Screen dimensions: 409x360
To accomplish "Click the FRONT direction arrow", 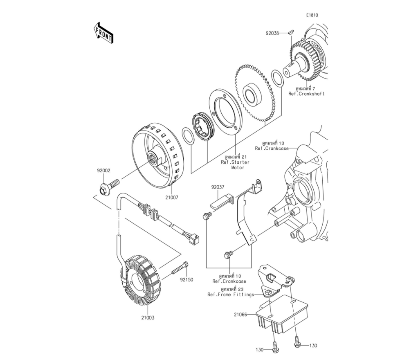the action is (x=103, y=33).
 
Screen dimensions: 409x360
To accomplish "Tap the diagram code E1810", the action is (x=312, y=15).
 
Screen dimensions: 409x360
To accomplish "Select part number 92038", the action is (x=272, y=33).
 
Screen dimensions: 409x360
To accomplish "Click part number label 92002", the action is (x=103, y=171).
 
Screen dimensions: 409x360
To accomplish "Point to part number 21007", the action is (x=171, y=198).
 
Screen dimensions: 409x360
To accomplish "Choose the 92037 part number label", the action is (x=218, y=187).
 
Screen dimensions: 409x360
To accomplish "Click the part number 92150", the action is (x=186, y=280).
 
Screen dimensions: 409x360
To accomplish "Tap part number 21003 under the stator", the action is (x=148, y=318).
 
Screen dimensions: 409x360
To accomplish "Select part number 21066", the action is (x=240, y=315).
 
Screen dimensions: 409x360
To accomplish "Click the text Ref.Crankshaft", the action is (x=306, y=94).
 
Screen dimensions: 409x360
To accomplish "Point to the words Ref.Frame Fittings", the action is (x=231, y=295).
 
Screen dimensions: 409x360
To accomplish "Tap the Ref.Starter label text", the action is (x=235, y=162).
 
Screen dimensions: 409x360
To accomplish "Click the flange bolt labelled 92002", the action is (x=109, y=187).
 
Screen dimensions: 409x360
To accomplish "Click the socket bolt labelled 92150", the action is (x=180, y=268).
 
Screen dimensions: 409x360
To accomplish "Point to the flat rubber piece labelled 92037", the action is (x=220, y=201).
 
